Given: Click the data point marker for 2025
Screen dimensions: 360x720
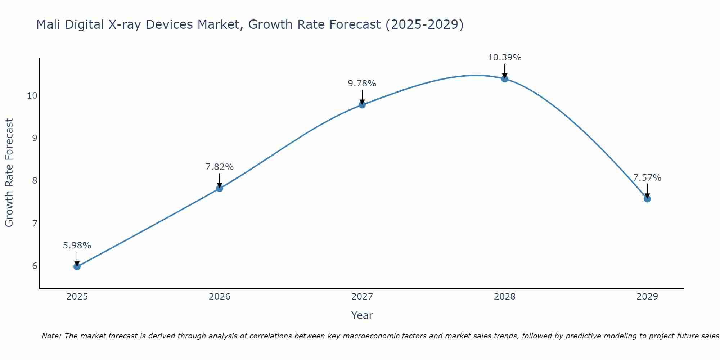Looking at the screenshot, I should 77,266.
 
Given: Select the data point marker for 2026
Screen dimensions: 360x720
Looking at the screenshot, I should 220,188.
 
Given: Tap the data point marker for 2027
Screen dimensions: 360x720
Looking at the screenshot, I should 362,105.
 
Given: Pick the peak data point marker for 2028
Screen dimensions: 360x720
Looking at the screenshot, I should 505,78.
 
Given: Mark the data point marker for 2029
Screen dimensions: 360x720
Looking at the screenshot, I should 647,199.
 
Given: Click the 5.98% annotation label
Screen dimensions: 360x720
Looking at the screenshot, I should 77,246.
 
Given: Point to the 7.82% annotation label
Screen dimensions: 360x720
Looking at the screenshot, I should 220,167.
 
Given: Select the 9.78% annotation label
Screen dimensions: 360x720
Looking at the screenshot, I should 362,84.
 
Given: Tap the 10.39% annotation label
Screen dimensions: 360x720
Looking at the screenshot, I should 505,58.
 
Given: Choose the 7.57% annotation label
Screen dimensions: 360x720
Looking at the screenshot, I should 647,178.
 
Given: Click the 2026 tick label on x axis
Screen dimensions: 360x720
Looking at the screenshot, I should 220,297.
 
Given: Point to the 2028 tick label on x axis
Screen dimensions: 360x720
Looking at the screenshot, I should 505,297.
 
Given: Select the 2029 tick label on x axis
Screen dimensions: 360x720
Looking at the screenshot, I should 647,297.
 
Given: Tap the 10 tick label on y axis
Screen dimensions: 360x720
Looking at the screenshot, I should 32,95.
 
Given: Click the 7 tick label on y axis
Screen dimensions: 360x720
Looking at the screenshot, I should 35,223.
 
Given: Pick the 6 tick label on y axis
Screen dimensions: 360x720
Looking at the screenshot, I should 35,266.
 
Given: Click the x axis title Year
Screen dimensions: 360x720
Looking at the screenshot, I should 362,315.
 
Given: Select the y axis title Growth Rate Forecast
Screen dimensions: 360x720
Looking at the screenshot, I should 9,173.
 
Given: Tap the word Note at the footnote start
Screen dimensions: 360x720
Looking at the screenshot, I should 51,336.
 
